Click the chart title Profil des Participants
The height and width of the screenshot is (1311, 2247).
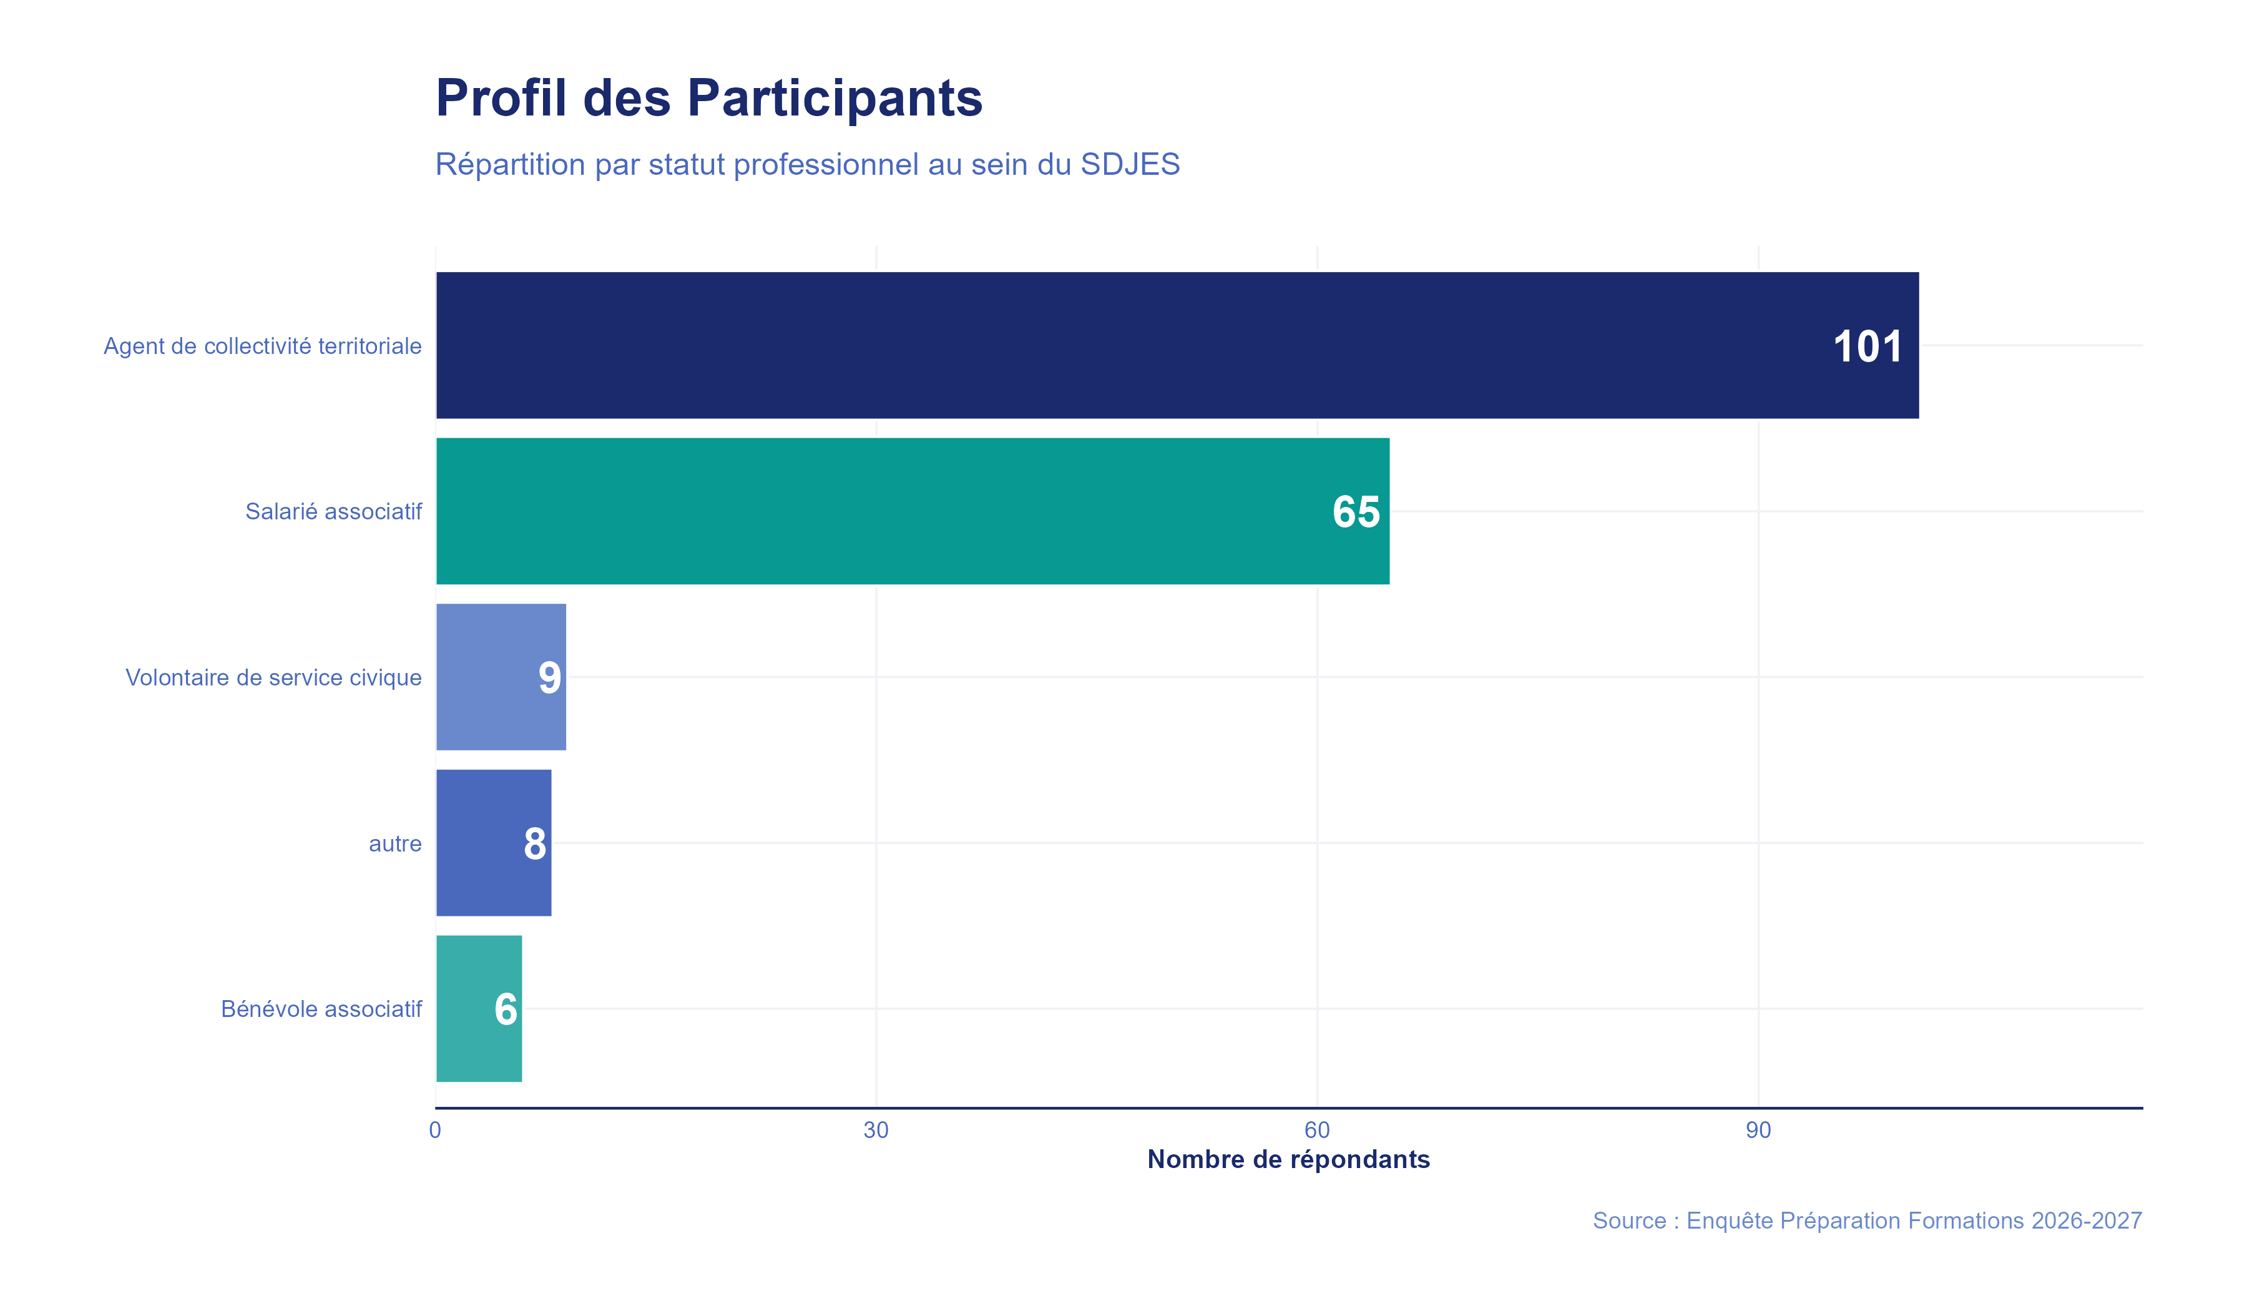[709, 98]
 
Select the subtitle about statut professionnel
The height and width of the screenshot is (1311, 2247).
[807, 165]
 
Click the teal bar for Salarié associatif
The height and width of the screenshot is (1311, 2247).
[892, 511]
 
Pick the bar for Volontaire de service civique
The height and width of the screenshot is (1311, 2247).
[486, 677]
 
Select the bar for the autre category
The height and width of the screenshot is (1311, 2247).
[477, 843]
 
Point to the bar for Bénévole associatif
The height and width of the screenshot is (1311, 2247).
[464, 1009]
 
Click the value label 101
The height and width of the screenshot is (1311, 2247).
[1867, 347]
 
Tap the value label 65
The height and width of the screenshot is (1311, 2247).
[1355, 513]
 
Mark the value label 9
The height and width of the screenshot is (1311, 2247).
[549, 679]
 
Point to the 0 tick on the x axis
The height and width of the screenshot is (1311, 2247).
[435, 1131]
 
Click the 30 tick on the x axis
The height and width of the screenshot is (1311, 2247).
[876, 1131]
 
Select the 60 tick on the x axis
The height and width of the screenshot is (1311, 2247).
[1317, 1131]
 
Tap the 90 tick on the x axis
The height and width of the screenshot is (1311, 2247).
[1758, 1131]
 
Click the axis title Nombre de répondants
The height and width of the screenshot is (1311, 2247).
[1288, 1159]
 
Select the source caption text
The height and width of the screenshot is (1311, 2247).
[1867, 1221]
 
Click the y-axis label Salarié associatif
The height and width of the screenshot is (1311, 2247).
[333, 512]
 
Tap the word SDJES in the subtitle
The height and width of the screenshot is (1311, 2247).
[1130, 165]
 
